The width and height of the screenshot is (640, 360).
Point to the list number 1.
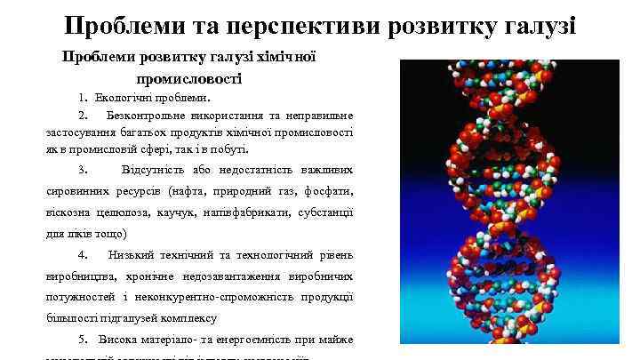82,98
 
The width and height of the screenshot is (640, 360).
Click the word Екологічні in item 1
124,98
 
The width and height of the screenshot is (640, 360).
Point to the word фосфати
330,191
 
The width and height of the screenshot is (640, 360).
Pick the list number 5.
82,340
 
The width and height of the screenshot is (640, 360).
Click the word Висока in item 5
116,340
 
